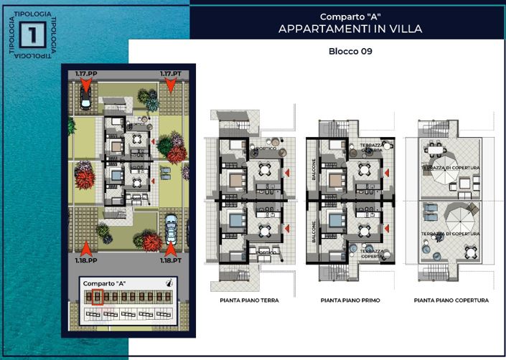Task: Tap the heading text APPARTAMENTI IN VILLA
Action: (350, 29)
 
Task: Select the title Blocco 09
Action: (350, 52)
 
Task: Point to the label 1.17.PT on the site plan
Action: (170, 74)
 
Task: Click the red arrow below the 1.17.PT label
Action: (170, 85)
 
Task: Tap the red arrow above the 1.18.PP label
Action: (86, 248)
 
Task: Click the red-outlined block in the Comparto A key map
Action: (98, 297)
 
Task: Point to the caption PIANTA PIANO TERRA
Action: (250, 300)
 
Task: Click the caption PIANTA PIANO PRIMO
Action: (350, 300)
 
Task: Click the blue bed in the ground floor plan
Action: (236, 217)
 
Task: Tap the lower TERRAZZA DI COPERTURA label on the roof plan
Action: (450, 235)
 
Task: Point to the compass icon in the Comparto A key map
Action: (169, 283)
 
